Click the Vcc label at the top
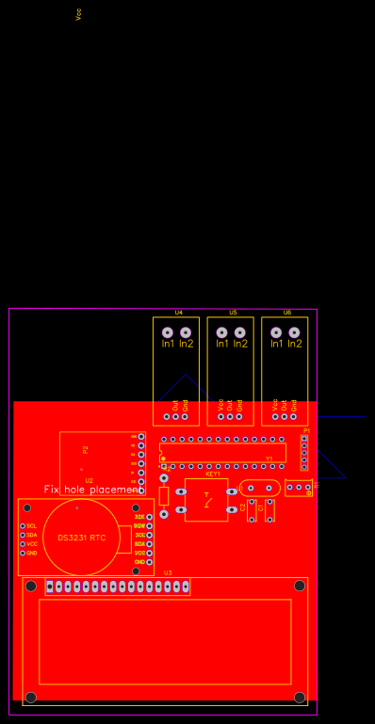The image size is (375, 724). (x=78, y=14)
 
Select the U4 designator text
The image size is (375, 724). (x=178, y=312)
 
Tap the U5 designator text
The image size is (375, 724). (x=233, y=312)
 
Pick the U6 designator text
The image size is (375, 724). (x=287, y=312)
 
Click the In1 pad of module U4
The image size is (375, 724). (x=167, y=332)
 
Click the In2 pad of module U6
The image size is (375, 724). (x=294, y=332)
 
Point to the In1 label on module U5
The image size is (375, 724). (x=222, y=344)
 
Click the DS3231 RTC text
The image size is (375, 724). (x=82, y=538)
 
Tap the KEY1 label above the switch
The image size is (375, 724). (x=213, y=474)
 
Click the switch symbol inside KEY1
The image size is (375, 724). (x=207, y=499)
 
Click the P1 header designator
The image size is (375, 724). (x=306, y=430)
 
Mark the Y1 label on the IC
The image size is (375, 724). (x=269, y=459)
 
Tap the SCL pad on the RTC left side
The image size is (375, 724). (x=23, y=525)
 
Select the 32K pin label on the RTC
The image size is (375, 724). (x=139, y=517)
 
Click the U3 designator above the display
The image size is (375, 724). (x=168, y=572)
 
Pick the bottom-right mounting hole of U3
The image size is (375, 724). (x=300, y=698)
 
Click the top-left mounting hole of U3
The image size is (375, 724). (x=31, y=587)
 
